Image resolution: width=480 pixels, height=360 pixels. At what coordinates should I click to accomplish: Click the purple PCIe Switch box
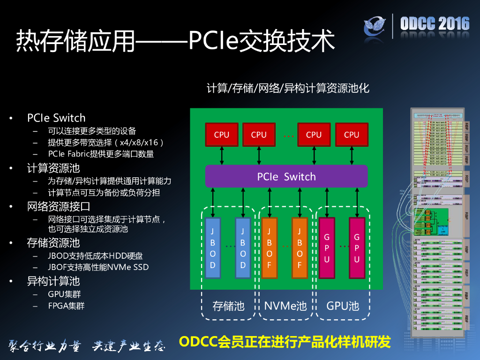286,176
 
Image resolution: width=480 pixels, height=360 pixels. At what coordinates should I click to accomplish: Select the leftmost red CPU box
221,135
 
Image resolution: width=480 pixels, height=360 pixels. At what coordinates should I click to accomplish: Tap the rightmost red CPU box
351,135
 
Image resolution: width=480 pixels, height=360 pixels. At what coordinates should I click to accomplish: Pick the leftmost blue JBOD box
213,248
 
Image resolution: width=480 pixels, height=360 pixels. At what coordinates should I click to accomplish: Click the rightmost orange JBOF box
300,248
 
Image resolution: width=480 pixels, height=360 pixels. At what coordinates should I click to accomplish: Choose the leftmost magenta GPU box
327,248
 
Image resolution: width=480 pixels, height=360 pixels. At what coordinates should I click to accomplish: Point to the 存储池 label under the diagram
229,306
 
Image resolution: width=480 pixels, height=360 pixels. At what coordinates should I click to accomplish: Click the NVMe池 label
285,306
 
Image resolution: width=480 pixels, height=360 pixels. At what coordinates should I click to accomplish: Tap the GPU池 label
343,306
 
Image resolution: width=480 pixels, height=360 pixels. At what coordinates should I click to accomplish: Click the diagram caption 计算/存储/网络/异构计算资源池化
288,88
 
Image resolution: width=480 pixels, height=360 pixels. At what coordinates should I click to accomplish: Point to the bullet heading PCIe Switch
56,118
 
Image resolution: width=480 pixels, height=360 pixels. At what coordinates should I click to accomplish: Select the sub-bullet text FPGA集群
66,306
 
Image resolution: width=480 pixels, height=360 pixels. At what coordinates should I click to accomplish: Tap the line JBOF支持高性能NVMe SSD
98,267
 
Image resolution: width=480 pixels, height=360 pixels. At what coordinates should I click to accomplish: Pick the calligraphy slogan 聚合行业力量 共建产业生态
87,346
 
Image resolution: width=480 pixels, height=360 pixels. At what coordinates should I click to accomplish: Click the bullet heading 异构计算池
53,281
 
